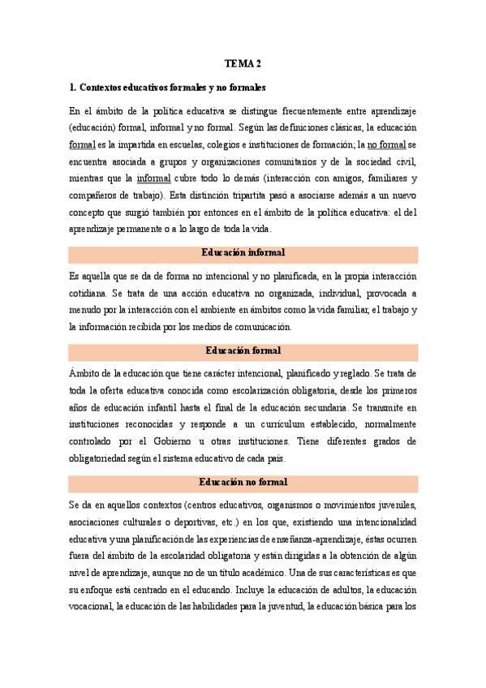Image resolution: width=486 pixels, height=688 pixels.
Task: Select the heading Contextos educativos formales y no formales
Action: (x=168, y=87)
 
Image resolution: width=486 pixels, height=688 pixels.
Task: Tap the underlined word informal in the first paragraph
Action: (x=153, y=178)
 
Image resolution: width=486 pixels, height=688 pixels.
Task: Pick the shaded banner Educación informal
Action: (x=243, y=254)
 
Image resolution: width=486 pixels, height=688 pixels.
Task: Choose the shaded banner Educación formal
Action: (x=243, y=350)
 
